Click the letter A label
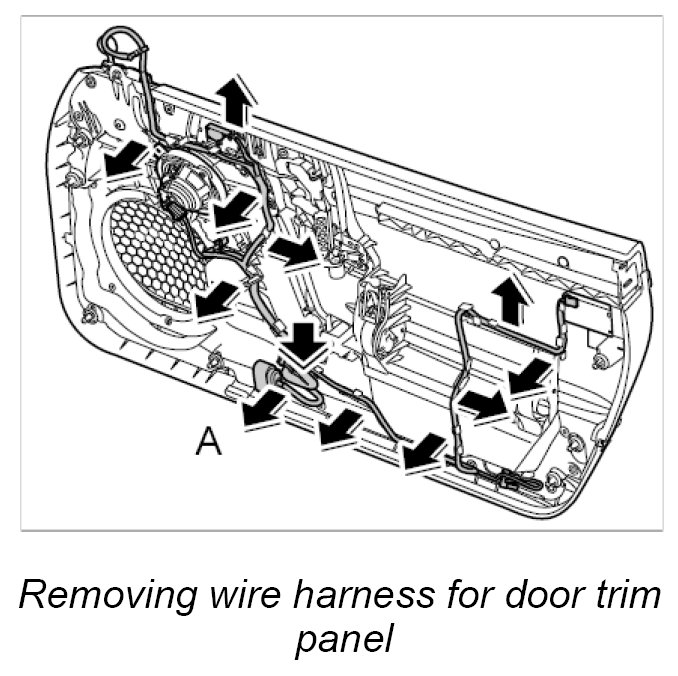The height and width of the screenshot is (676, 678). point(208,440)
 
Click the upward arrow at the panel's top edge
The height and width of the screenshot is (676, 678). point(232,101)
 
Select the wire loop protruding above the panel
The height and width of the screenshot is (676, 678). point(117,44)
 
